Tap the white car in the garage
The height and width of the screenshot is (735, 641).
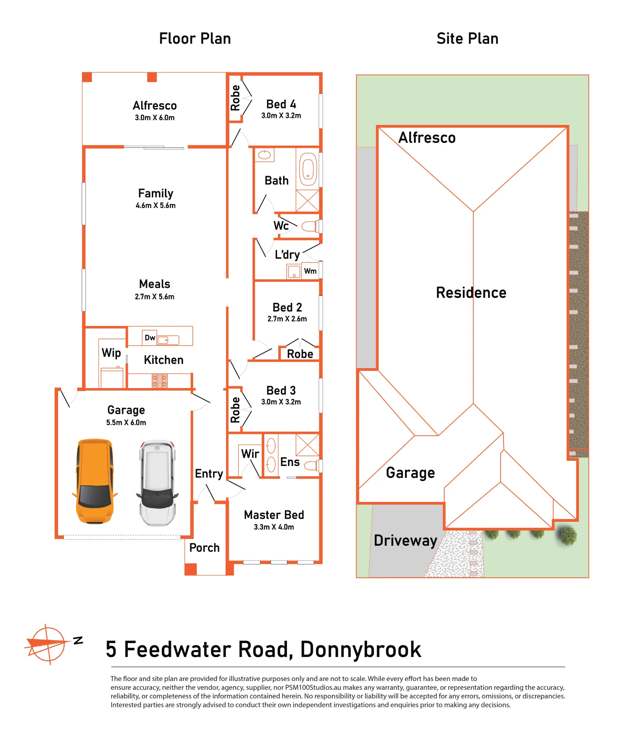[157, 483]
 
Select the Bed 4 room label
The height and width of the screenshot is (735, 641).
[281, 104]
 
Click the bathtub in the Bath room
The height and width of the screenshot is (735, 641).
[308, 169]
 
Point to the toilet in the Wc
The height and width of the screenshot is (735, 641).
[310, 226]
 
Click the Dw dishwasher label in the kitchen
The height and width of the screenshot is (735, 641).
[150, 338]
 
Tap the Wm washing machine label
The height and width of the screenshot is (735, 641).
[310, 271]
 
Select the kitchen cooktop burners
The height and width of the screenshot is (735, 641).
[160, 381]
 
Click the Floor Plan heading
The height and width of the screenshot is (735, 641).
[195, 39]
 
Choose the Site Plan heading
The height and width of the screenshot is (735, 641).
[467, 39]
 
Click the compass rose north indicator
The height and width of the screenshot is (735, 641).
[48, 644]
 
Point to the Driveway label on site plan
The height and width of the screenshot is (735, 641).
[405, 541]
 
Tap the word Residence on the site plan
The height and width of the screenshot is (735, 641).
[471, 293]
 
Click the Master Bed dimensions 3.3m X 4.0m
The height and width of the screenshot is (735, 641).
[274, 527]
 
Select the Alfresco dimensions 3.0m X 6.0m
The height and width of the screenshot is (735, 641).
[155, 118]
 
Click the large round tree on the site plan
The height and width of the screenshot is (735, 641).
[569, 536]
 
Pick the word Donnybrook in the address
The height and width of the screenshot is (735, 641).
[361, 650]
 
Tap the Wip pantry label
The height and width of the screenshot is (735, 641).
[111, 353]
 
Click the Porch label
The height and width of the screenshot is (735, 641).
[204, 548]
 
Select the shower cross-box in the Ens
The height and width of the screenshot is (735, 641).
[307, 445]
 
